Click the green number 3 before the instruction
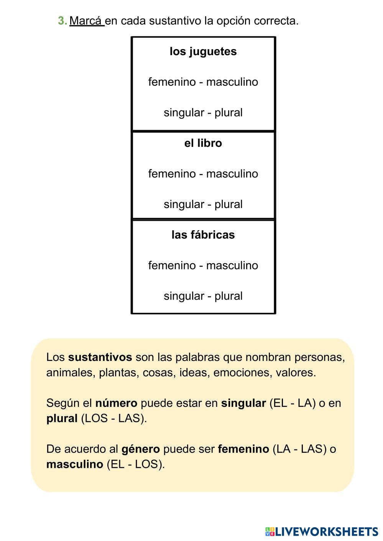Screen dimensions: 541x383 pyautogui.click(x=61, y=21)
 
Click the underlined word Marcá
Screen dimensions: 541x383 pyautogui.click(x=86, y=21)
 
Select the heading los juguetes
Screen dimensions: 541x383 pyautogui.click(x=203, y=51)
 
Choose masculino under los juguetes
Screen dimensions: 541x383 pyautogui.click(x=232, y=82)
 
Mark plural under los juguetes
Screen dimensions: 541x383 pyautogui.click(x=228, y=113)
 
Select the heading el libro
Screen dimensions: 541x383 pyautogui.click(x=203, y=143)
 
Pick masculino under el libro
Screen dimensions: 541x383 pyautogui.click(x=232, y=174)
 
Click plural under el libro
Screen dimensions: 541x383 pyautogui.click(x=228, y=204)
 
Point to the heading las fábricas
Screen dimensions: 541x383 pyautogui.click(x=203, y=234)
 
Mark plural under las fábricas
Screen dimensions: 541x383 pyautogui.click(x=228, y=296)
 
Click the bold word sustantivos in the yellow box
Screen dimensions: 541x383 pyautogui.click(x=100, y=357)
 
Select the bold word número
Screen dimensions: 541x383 pyautogui.click(x=116, y=403)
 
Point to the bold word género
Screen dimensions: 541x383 pyautogui.click(x=140, y=449)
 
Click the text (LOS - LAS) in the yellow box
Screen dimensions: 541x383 pyautogui.click(x=114, y=418)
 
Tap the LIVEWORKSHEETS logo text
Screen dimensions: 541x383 pyautogui.click(x=326, y=531)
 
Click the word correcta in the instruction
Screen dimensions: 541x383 pyautogui.click(x=278, y=21)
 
